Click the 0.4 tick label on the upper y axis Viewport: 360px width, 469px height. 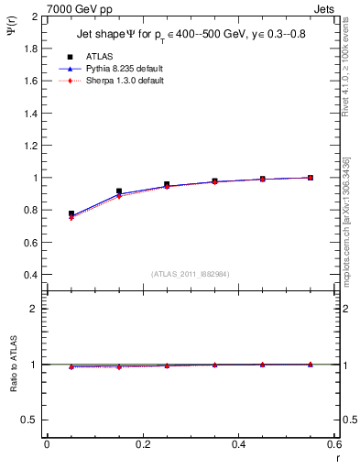click(x=30, y=275)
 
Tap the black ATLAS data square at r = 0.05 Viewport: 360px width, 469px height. click(x=71, y=213)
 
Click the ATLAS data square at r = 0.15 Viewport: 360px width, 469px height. click(x=119, y=191)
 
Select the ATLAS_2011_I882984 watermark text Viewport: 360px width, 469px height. click(x=189, y=273)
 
